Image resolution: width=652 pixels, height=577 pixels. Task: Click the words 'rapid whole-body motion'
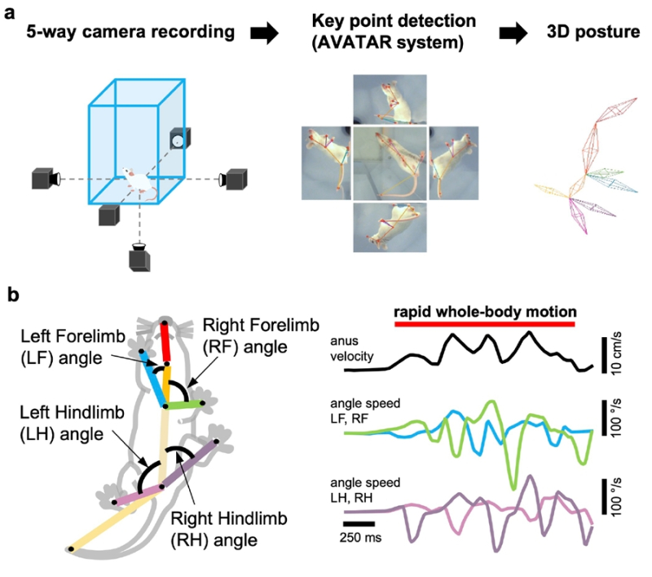(485, 311)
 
